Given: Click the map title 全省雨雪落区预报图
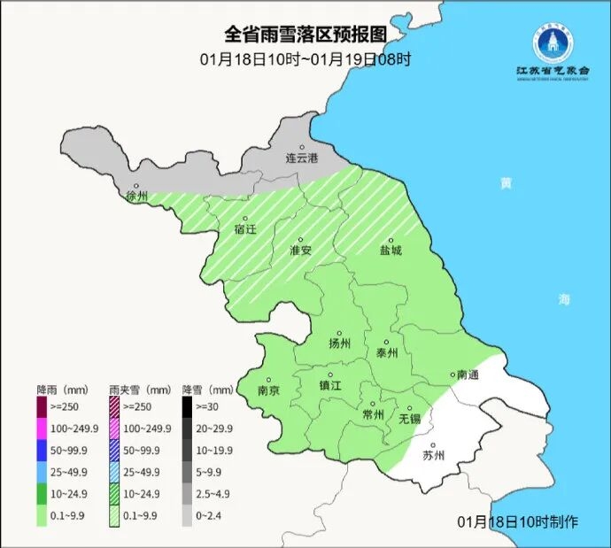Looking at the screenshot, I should click(x=305, y=35).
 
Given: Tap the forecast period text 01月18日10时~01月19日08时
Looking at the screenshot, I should click(x=305, y=59).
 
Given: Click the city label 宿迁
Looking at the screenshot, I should click(x=245, y=229).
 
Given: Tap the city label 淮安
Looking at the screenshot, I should click(x=301, y=250).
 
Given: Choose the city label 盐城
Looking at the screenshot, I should click(x=391, y=250).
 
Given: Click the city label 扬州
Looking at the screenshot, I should click(x=340, y=343).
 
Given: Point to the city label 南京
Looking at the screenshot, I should click(x=268, y=390).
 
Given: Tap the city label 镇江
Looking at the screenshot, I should click(x=330, y=385).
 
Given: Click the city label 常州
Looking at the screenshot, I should click(x=374, y=414).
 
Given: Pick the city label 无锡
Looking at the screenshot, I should click(x=410, y=417).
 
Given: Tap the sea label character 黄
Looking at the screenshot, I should click(x=506, y=183).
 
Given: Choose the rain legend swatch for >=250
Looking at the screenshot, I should click(x=42, y=407).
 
